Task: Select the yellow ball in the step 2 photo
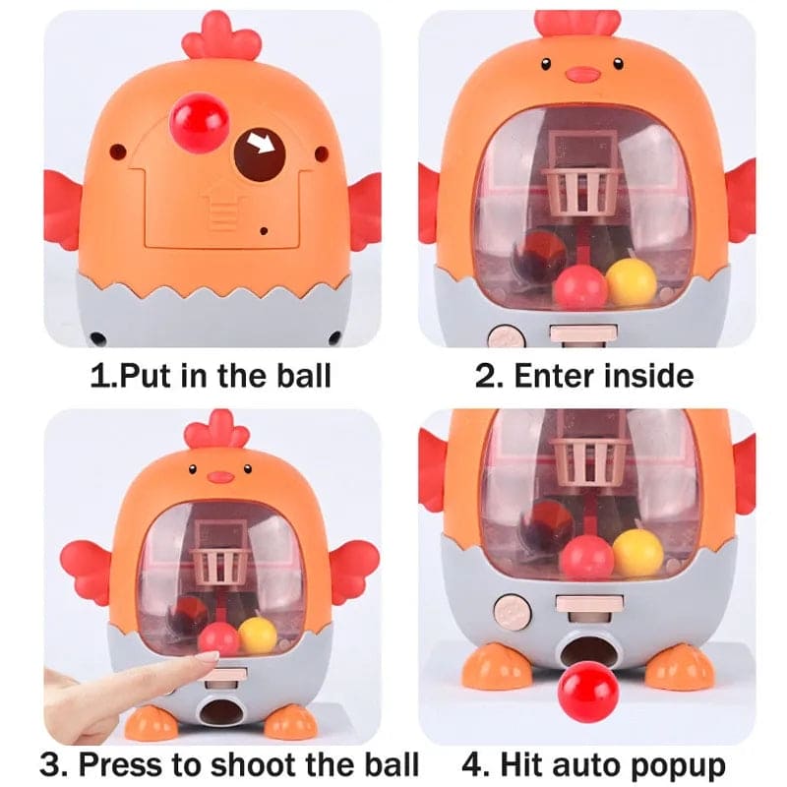click(632, 280)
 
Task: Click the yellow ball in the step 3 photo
click(258, 635)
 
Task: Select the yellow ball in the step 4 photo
click(637, 552)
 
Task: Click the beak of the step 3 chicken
click(221, 477)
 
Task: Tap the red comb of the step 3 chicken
click(216, 431)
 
